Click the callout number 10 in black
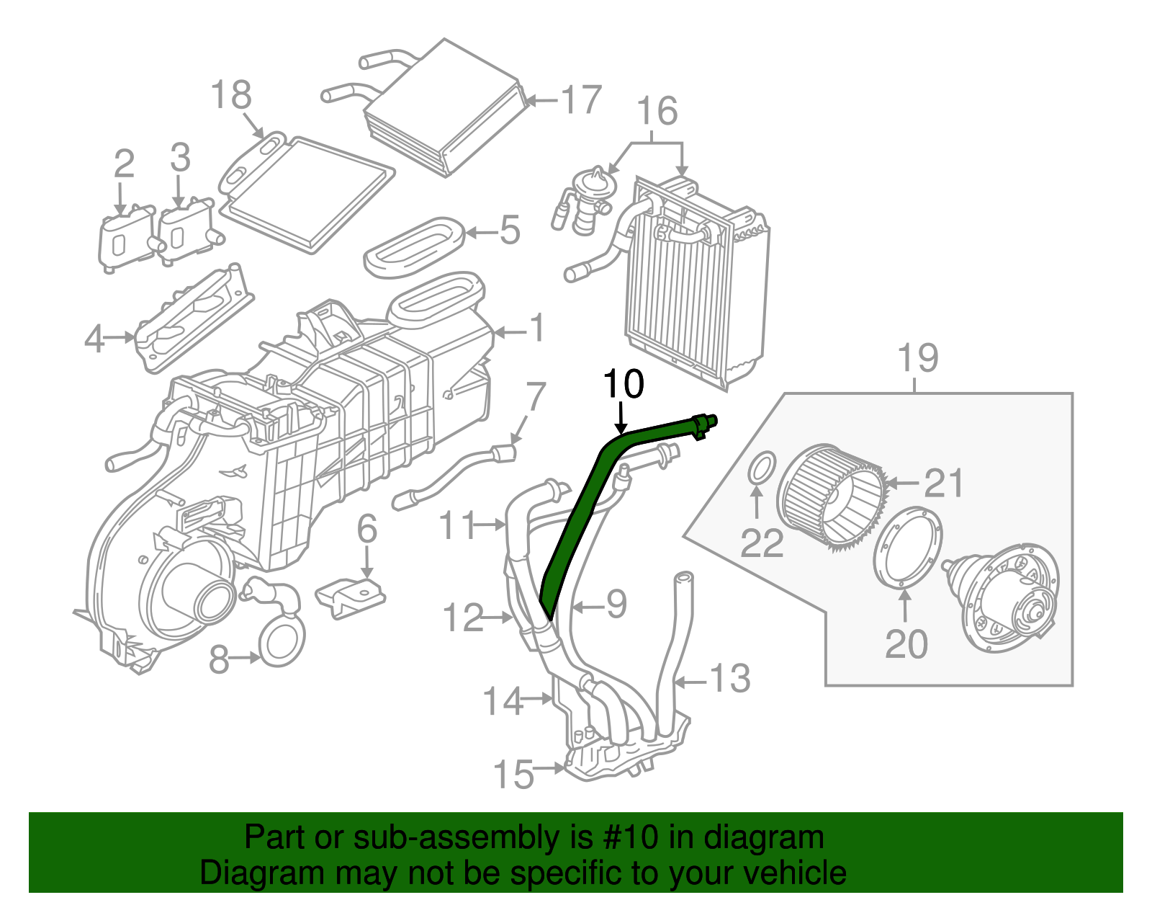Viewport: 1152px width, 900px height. [x=623, y=385]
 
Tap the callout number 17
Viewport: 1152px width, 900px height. [x=581, y=100]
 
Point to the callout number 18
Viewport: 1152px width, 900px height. [x=231, y=95]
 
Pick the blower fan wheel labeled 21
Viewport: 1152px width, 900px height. [x=832, y=497]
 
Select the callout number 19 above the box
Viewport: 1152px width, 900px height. [x=918, y=358]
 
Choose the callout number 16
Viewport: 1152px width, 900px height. [x=657, y=112]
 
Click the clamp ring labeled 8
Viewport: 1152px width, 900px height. [x=282, y=642]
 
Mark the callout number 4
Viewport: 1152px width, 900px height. [x=94, y=339]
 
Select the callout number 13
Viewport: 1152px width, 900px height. [x=730, y=679]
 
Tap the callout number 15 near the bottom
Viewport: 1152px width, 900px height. [x=514, y=775]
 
